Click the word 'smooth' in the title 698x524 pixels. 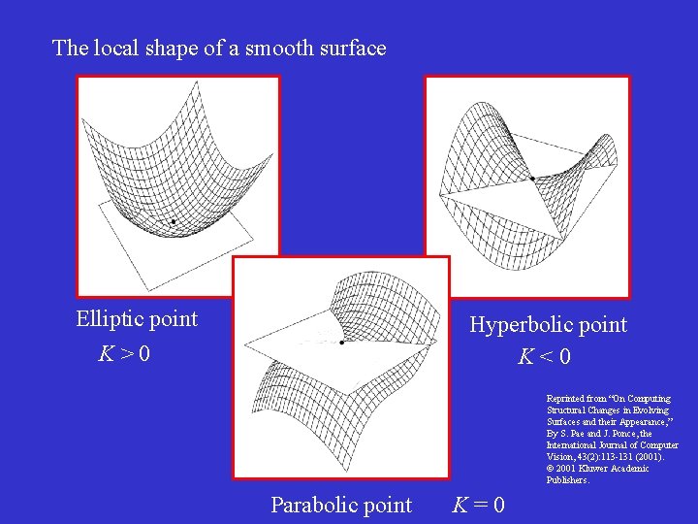pos(278,48)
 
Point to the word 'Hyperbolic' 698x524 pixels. pos(521,325)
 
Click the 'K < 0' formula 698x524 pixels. pos(544,357)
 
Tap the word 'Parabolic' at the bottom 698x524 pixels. pos(312,506)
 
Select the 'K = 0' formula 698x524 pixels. pos(478,506)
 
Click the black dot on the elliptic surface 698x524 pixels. pos(173,222)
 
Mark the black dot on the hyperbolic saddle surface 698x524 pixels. pos(532,178)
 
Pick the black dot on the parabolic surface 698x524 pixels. pos(342,342)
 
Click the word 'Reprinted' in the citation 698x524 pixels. pos(564,399)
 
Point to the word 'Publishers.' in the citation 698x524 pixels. pos(568,480)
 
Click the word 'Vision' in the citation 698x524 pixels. pos(559,457)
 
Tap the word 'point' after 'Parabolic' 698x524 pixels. pos(388,506)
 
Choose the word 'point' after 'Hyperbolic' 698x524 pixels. pos(603,325)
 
